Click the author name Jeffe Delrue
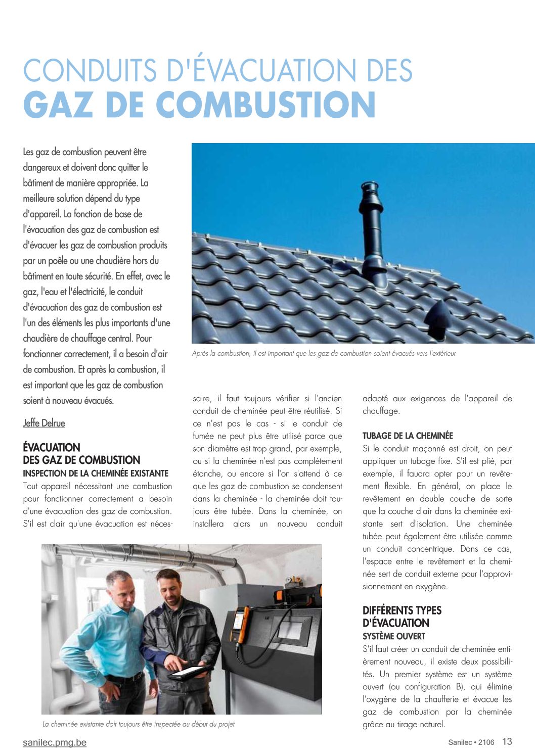pos(44,423)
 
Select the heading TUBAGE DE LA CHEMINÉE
pos(408,436)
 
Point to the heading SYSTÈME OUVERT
pos(394,636)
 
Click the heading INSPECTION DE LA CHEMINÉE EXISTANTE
pos(96,474)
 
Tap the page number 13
pos(507,741)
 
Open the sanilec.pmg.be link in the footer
pos(55,742)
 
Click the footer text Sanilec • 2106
pos(471,742)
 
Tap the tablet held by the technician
pos(191,672)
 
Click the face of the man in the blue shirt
pos(120,589)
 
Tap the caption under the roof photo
pos(324,353)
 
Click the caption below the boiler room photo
pos(139,724)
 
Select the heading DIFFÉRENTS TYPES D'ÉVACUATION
pos(402,617)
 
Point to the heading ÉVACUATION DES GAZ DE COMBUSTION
pos(81,453)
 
